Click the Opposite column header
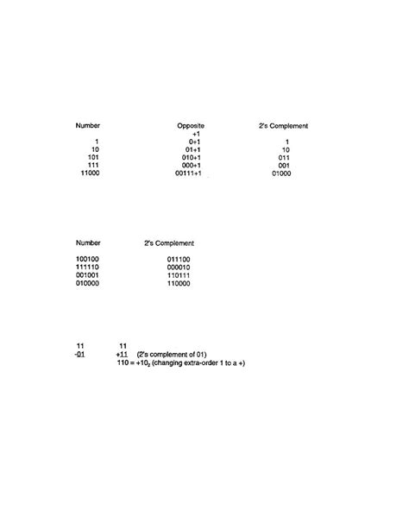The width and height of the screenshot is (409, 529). click(x=191, y=126)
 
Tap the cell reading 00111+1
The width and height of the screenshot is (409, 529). click(x=187, y=173)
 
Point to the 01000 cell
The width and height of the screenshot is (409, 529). click(x=281, y=173)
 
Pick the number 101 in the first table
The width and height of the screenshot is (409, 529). click(x=94, y=158)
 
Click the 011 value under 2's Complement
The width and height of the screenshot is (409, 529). click(x=284, y=158)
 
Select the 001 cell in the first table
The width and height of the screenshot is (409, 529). click(x=284, y=166)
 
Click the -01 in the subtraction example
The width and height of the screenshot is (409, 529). click(x=79, y=354)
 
